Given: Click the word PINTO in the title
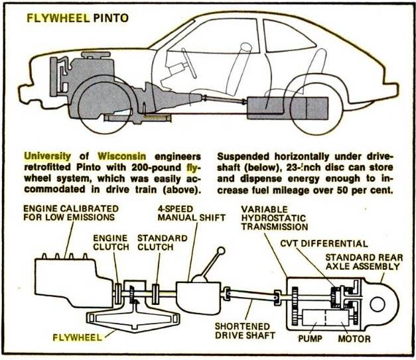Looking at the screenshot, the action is [x=111, y=18].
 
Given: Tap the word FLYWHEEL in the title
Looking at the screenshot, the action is [x=58, y=18].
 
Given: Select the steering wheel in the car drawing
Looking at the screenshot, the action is [x=188, y=63].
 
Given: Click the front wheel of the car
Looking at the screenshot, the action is [x=105, y=107].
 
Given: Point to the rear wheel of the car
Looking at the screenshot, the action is [x=316, y=109].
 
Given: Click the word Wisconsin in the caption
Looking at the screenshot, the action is [x=122, y=156].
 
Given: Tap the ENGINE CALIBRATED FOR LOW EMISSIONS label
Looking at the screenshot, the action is [x=71, y=213].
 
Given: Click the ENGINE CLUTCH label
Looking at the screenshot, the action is [x=111, y=242].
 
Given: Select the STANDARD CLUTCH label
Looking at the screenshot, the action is [x=163, y=242].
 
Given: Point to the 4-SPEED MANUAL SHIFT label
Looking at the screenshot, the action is [x=192, y=213].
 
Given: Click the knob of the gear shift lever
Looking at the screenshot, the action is [x=221, y=251].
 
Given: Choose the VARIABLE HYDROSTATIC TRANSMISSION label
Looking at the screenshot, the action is [x=274, y=218].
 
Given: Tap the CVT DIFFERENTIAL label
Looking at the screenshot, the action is [x=324, y=243].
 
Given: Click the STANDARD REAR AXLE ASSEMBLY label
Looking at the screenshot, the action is [x=364, y=262].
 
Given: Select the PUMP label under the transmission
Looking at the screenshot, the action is [x=310, y=339].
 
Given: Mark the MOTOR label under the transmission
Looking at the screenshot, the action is [x=354, y=339].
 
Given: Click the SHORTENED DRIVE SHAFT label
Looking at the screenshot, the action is [x=245, y=331].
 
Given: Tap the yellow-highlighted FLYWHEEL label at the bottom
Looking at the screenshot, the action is [x=77, y=337].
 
